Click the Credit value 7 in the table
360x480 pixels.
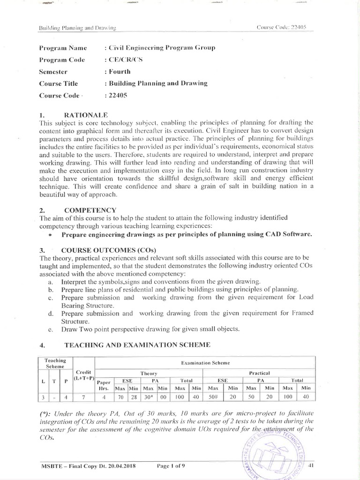84,397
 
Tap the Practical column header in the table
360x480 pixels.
258,373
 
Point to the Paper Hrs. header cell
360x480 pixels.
105,385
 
